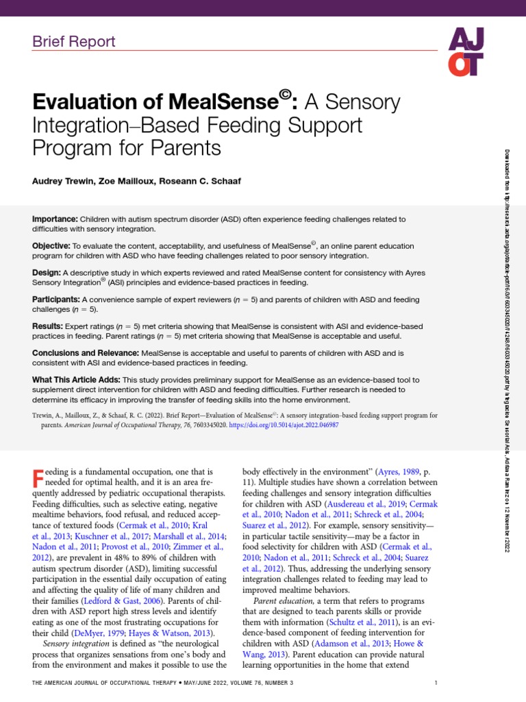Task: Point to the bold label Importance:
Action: coord(56,219)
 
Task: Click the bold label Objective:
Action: coord(51,245)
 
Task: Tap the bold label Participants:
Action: coord(56,300)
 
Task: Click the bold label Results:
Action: coord(48,326)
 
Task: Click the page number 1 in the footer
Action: coord(436,683)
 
